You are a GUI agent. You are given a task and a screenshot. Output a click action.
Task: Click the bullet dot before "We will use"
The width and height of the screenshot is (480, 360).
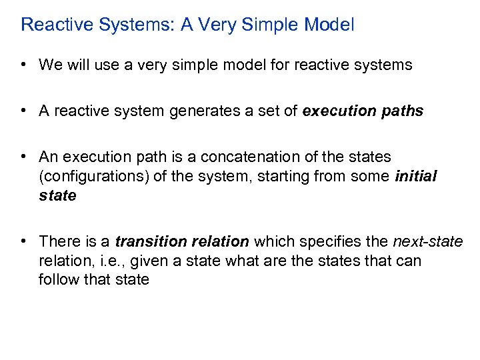(23, 65)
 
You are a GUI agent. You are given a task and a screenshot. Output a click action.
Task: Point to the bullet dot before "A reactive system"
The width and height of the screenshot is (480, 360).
(23, 111)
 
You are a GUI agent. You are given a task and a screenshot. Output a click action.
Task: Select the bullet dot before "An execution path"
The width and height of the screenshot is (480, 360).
(23, 157)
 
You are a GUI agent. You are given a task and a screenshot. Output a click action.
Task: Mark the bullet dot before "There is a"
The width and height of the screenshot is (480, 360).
(23, 241)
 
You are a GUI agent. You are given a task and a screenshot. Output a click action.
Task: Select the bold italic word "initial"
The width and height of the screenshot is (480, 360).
(415, 177)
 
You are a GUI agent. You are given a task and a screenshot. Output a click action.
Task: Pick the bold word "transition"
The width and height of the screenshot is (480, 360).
(148, 241)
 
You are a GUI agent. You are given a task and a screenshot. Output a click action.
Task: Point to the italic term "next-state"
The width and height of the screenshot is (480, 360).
(427, 241)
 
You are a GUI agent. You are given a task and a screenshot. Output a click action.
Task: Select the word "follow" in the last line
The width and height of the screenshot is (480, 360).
(57, 280)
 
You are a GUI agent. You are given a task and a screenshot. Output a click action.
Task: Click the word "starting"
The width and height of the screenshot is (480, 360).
(289, 177)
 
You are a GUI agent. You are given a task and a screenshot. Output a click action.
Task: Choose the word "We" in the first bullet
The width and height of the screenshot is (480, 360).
(50, 65)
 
